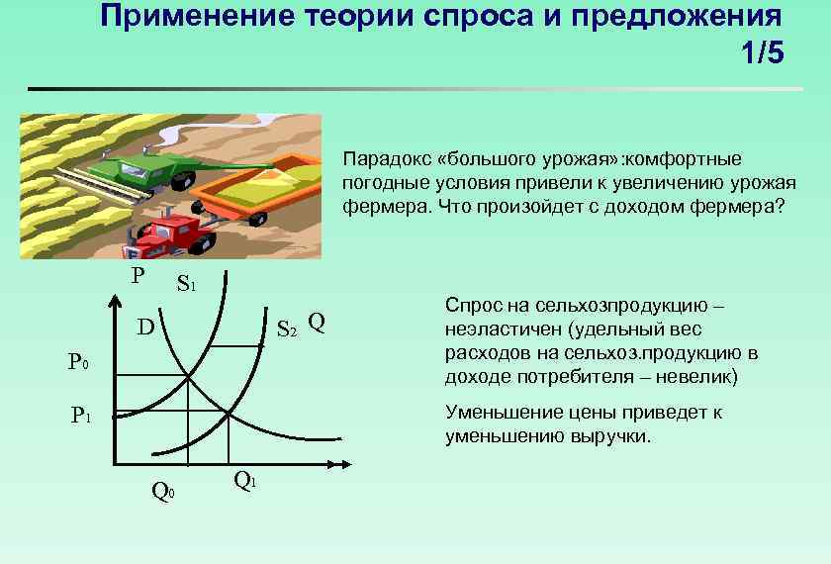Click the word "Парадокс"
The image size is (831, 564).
(x=386, y=158)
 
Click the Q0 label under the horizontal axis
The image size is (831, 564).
(x=162, y=488)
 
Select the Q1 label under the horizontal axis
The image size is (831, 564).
(x=244, y=481)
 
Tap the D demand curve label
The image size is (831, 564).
(x=145, y=327)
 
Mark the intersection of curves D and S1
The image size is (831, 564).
(x=188, y=373)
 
